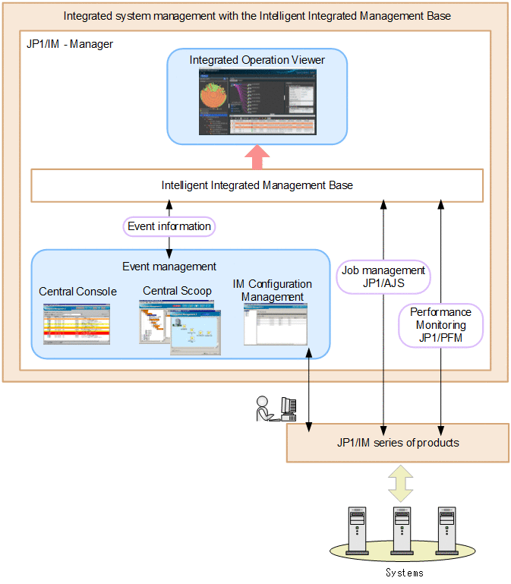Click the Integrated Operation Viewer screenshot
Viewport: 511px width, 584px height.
[257, 102]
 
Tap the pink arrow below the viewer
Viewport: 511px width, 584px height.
[257, 157]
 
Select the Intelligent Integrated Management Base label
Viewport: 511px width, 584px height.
[257, 185]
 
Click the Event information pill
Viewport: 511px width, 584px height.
[169, 226]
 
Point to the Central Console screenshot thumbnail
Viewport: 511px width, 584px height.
[77, 324]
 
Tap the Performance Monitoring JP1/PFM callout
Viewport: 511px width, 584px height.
[440, 325]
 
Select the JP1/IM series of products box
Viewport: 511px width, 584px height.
[397, 443]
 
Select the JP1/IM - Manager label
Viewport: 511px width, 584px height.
[69, 44]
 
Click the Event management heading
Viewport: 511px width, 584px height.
[169, 267]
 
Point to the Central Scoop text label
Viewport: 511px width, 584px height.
[177, 291]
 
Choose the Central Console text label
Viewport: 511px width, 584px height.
[77, 292]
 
